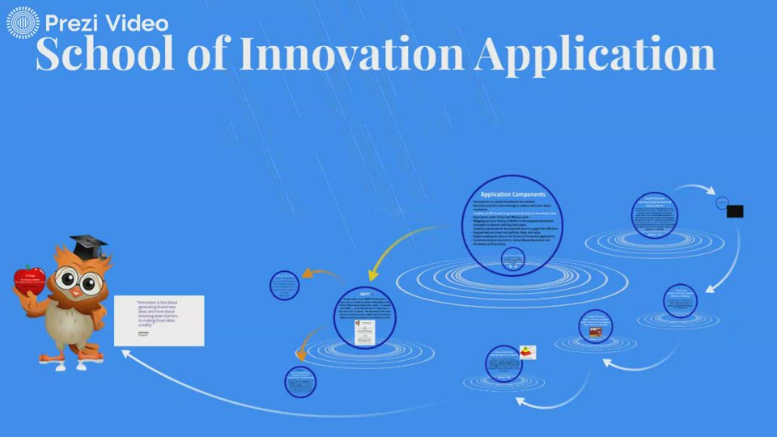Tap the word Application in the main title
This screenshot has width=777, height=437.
(596, 54)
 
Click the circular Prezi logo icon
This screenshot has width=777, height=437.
(22, 22)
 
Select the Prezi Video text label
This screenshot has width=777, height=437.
(96, 22)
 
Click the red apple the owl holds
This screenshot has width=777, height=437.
(30, 280)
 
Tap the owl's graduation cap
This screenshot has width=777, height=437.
(87, 244)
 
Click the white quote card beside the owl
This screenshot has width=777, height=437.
(159, 321)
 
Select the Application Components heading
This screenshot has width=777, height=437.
(512, 194)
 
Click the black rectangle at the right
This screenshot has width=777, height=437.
(735, 211)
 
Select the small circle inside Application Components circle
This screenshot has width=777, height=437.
(513, 259)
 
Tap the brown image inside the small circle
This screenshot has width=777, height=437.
(595, 331)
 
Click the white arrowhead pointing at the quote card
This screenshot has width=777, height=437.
(127, 353)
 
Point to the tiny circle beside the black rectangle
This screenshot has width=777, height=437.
(722, 202)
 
